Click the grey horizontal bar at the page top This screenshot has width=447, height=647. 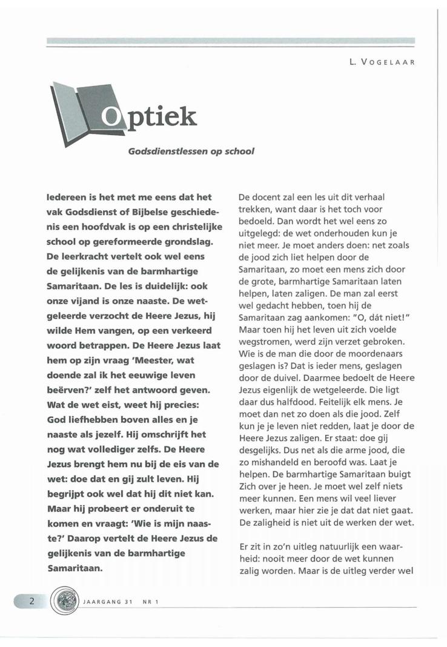click(230, 42)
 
